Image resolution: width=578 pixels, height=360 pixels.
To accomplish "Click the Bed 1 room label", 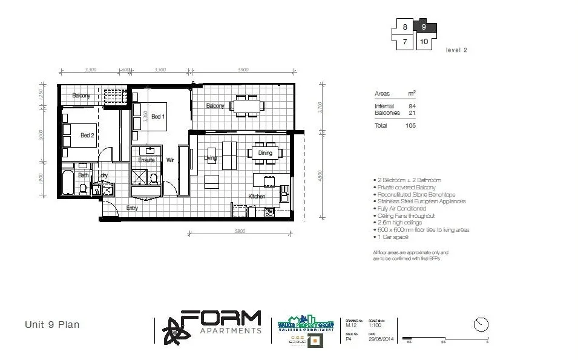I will [157, 117].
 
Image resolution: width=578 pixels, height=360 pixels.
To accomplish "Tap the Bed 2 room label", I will [87, 136].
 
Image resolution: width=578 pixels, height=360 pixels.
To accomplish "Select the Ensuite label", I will [146, 160].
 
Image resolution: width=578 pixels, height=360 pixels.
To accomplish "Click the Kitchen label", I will [257, 197].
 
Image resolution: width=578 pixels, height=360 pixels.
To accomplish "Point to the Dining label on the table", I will [265, 154].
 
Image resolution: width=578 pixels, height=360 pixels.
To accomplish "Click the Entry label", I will [132, 208].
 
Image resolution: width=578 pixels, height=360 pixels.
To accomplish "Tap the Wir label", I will [171, 160].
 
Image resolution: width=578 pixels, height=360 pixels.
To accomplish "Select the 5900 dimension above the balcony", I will [243, 70].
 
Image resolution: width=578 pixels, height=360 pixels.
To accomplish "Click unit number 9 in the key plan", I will [424, 27].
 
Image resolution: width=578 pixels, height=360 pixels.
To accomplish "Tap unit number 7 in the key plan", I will [404, 42].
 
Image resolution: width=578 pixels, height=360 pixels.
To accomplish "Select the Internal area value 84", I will [412, 106].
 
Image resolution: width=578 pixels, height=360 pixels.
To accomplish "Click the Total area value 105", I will [410, 125].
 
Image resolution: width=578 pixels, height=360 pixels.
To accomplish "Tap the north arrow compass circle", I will [481, 324].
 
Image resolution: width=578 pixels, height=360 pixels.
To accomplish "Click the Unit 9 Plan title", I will [52, 325].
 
